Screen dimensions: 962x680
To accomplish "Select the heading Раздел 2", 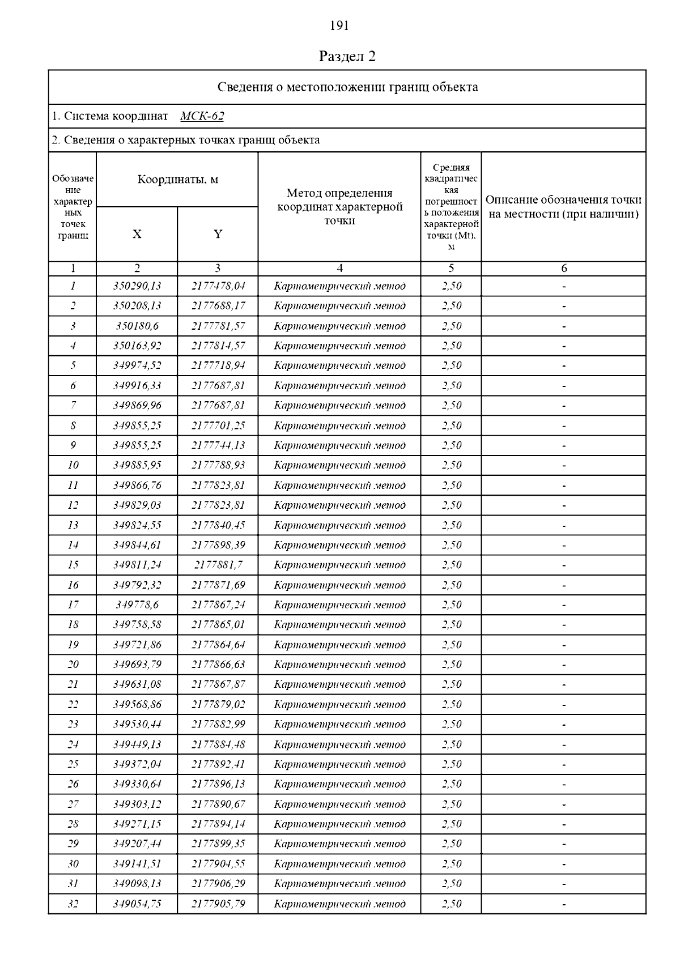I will (x=347, y=56).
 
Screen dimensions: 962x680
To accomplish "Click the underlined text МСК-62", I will (x=202, y=116).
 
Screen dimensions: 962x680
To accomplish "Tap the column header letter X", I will (x=137, y=234).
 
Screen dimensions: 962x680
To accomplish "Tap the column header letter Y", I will (x=218, y=234).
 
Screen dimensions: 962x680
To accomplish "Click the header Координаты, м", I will (x=177, y=180).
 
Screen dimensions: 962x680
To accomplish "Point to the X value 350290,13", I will (x=137, y=286).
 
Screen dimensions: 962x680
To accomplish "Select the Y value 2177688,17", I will (x=218, y=306).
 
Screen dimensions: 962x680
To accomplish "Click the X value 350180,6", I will (x=137, y=326).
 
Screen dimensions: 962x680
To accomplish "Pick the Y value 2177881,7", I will (x=218, y=565).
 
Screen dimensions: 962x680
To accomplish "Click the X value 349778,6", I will (x=137, y=605).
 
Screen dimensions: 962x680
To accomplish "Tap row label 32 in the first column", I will (x=73, y=904).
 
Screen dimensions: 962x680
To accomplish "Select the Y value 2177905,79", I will (x=218, y=904).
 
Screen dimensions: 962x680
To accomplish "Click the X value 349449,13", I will (x=137, y=744).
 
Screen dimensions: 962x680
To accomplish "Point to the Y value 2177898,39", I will (x=218, y=545).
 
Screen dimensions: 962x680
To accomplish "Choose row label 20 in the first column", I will (x=73, y=665).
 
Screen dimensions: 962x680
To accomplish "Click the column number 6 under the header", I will (x=563, y=269).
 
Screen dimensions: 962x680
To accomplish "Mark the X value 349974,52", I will (x=137, y=365).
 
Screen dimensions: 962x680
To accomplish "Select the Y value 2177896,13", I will (x=218, y=784).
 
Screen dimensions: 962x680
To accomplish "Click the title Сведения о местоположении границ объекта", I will (x=347, y=87).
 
